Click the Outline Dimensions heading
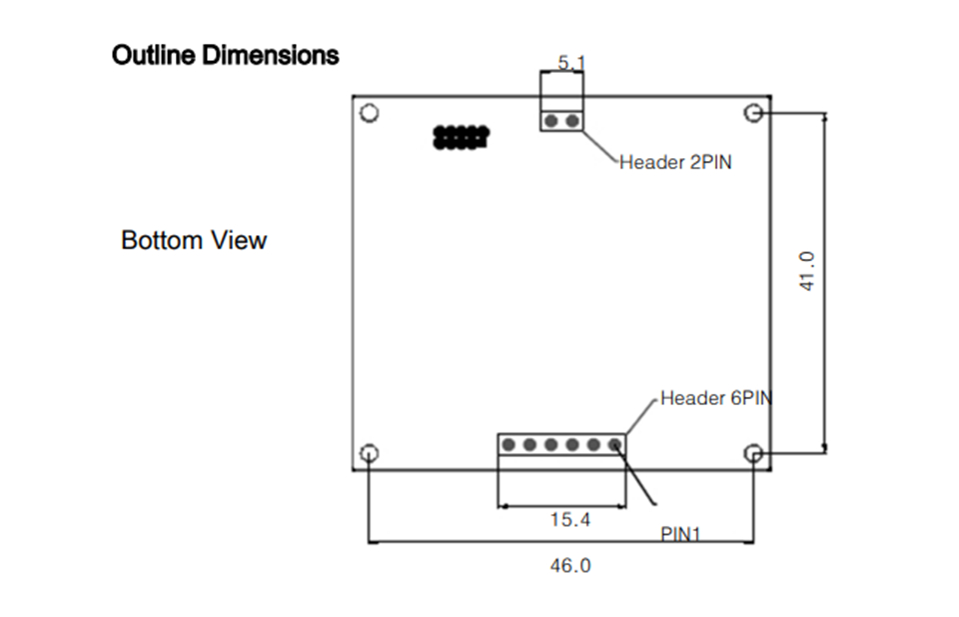(x=225, y=55)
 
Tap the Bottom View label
(x=194, y=241)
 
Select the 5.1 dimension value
(x=571, y=63)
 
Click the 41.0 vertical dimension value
(x=808, y=271)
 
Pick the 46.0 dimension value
(x=570, y=566)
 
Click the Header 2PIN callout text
(x=675, y=161)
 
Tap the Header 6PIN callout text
(x=716, y=398)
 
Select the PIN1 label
(x=680, y=534)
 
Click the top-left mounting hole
(x=369, y=112)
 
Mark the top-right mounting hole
(x=755, y=112)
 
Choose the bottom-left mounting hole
(x=369, y=453)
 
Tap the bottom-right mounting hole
(x=755, y=453)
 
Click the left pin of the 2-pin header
(x=550, y=121)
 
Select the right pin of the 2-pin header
(x=571, y=121)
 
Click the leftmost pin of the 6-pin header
(x=508, y=445)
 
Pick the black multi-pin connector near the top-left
(x=460, y=137)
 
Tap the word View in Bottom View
(x=240, y=241)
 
